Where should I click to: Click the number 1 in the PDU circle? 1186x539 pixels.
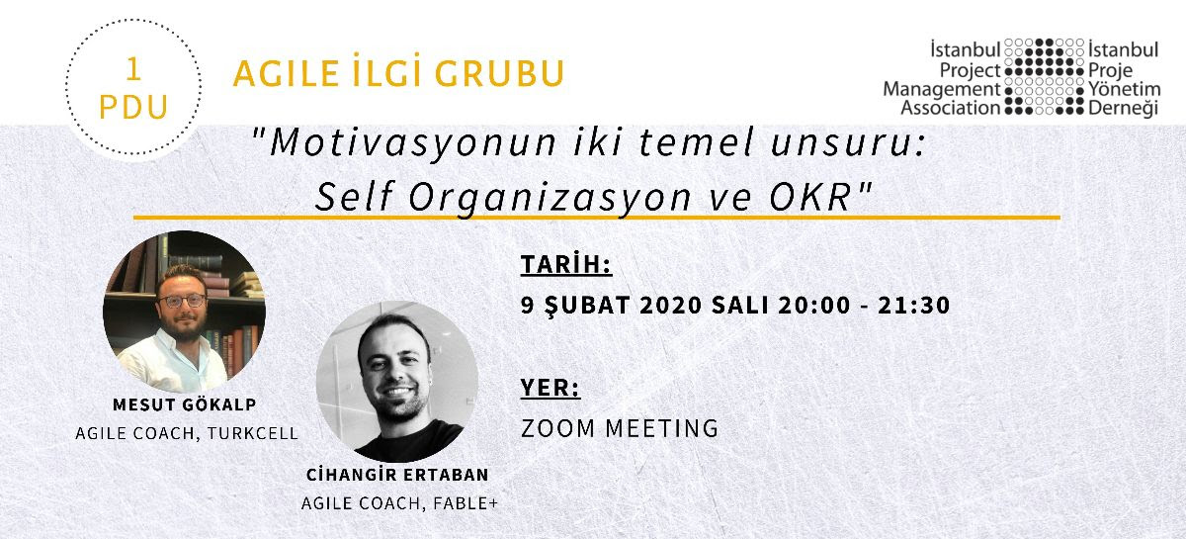point(133,69)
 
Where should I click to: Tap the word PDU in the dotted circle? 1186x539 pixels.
point(134,108)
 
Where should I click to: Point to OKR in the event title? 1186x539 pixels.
point(810,197)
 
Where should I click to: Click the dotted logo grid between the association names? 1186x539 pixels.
point(1044,76)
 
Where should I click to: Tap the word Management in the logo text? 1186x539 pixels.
point(941,90)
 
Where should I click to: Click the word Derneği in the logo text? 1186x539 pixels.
point(1123,109)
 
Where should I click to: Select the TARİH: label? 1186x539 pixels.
point(566,264)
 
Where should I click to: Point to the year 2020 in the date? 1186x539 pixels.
point(670,306)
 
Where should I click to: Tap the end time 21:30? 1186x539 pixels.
point(913,306)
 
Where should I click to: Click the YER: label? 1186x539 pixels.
point(551,388)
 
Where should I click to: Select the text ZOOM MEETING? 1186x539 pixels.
point(620,428)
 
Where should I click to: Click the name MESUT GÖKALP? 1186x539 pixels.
point(185,404)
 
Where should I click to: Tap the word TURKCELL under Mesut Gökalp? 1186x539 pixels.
point(253,433)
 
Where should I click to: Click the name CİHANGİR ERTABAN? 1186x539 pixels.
point(397,475)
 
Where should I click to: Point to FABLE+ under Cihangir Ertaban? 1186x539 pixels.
point(466,503)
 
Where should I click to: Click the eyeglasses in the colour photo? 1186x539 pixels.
point(182,301)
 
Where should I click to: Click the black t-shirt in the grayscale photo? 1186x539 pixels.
point(407,444)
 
